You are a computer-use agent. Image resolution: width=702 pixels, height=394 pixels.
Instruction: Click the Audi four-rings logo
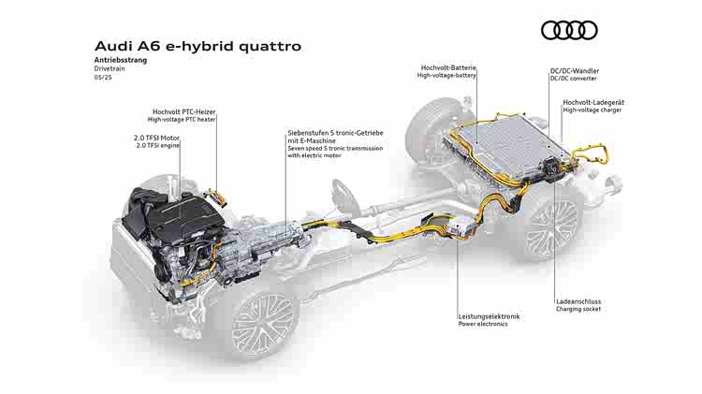[x=569, y=31]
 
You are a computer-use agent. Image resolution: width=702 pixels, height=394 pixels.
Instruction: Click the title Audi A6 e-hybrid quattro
[x=197, y=46]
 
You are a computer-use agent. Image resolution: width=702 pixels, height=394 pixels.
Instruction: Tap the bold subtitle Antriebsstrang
[x=121, y=60]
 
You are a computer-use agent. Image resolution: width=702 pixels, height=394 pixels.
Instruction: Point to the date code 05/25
[x=103, y=77]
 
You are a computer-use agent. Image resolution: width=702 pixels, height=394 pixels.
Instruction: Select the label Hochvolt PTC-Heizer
[x=184, y=112]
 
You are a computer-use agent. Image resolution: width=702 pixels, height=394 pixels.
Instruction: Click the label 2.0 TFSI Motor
[x=156, y=138]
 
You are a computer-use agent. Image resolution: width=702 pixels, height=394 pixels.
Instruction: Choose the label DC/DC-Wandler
[x=575, y=71]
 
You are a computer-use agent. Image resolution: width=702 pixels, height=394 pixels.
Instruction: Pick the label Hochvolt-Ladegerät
[x=593, y=102]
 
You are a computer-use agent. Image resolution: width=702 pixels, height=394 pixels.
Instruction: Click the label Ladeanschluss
[x=578, y=301]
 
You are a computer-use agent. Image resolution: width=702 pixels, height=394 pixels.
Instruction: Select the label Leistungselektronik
[x=489, y=316]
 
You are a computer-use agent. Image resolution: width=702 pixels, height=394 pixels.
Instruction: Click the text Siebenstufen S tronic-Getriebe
[x=335, y=133]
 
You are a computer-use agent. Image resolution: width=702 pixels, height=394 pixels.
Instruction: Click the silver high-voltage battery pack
[x=507, y=146]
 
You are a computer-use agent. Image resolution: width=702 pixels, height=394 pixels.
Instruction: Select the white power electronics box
[x=461, y=226]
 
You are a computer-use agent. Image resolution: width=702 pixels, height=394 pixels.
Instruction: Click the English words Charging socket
[x=578, y=309]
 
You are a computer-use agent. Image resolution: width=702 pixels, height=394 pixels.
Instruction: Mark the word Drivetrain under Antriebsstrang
[x=110, y=68]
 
